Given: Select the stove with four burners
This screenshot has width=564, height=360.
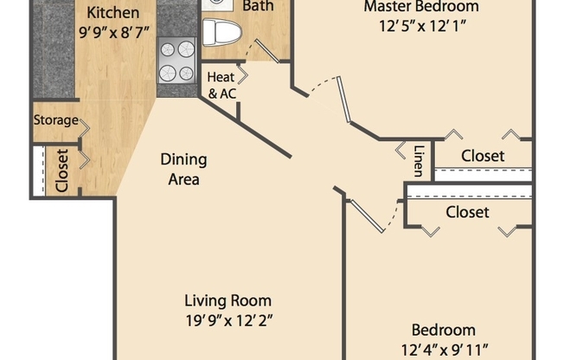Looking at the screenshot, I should tap(177, 60).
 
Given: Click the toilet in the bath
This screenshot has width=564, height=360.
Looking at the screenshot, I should tap(223, 33).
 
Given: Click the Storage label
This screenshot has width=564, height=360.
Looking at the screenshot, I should tap(56, 120).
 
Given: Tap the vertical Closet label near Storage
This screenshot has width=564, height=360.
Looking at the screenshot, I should tap(62, 170).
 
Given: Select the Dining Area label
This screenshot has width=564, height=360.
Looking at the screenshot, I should tap(183, 169).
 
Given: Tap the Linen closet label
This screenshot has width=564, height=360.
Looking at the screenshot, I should tap(419, 158).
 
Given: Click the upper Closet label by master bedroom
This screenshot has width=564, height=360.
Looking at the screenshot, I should tap(483, 156).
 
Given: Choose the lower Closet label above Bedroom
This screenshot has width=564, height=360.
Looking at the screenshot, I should tap(467, 212).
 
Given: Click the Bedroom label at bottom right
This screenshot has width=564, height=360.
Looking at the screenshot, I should tap(443, 330).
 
